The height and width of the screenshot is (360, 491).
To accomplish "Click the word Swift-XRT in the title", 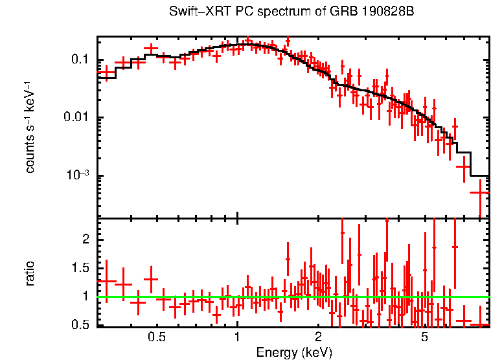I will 194,12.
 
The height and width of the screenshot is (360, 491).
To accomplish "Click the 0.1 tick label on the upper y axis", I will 80,60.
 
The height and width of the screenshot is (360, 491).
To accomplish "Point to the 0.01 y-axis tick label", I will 76,118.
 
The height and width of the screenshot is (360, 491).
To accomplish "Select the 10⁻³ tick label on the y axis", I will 77,175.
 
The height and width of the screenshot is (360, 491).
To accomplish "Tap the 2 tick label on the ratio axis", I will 84,240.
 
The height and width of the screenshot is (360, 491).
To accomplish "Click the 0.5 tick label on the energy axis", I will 156,337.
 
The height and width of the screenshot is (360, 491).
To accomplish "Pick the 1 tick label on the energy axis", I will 237,337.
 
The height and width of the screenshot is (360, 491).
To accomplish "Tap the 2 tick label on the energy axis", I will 318,337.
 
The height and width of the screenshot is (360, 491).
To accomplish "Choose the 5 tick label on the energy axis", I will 425,337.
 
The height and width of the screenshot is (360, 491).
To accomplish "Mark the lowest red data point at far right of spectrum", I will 479,192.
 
